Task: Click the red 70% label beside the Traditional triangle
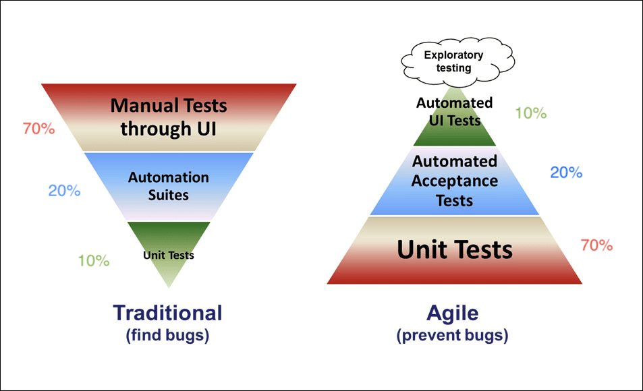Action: (x=38, y=128)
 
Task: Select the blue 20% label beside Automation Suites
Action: (x=64, y=190)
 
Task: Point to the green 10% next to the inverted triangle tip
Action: (x=93, y=260)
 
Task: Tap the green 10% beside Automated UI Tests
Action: (x=530, y=113)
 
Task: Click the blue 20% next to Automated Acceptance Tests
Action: (x=566, y=172)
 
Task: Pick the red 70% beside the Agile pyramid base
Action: (x=596, y=245)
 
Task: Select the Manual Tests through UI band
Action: (x=169, y=117)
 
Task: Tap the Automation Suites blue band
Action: (x=169, y=186)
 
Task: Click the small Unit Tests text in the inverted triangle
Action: (x=169, y=255)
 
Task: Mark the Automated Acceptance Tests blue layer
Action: (x=455, y=181)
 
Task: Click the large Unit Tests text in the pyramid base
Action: (x=455, y=249)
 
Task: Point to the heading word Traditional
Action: (x=167, y=313)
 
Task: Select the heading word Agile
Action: (x=453, y=313)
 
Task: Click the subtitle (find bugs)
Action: (x=167, y=335)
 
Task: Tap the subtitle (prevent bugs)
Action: (x=453, y=335)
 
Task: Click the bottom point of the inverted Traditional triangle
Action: (x=169, y=286)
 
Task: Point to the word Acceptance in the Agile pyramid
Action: (x=455, y=181)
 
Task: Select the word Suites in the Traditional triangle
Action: (x=169, y=195)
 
